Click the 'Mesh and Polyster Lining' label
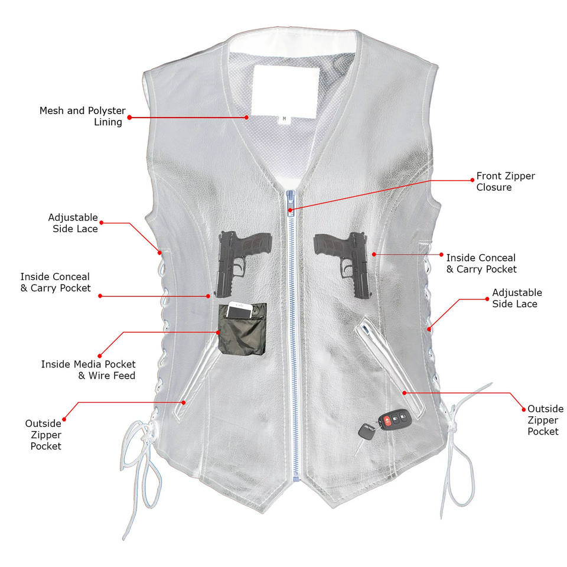pos(82,116)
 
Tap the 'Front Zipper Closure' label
pos(506,182)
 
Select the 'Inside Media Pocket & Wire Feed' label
pos(88,370)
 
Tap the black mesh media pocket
pos(242,330)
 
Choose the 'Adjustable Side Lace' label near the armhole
pos(73,223)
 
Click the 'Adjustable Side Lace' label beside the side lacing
pos(517,298)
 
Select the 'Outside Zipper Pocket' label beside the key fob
pos(545,420)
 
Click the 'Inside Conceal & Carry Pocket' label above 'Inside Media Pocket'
pos(56,282)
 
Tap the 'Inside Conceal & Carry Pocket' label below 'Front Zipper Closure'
pos(481,263)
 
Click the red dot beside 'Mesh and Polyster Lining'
pos(129,118)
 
